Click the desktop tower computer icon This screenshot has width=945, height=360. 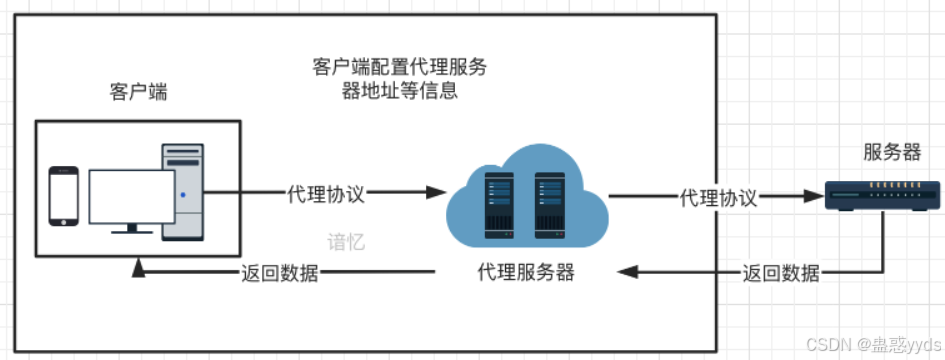click(183, 191)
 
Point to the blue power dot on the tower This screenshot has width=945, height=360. click(183, 195)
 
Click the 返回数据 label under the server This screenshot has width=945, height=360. click(781, 273)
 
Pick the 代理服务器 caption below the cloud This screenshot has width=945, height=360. click(526, 273)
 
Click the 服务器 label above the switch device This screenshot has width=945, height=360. click(892, 153)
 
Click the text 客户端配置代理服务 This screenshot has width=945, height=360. click(399, 68)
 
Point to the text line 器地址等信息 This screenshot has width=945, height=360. click(399, 92)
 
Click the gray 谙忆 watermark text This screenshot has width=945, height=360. click(346, 243)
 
